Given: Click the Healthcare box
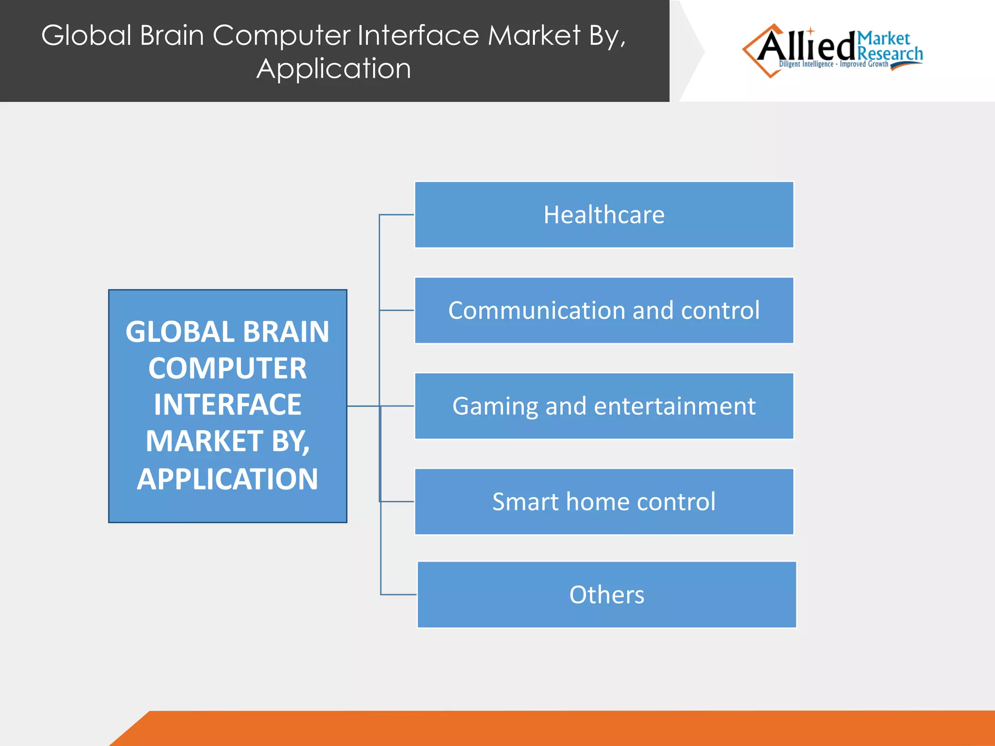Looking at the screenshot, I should tap(604, 215).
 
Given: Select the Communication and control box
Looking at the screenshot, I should tap(604, 310).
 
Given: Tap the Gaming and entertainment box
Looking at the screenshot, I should tap(604, 406).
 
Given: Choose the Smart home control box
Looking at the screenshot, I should tap(604, 502).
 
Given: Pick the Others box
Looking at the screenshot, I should tap(607, 595).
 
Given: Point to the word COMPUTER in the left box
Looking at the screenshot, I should tap(227, 369).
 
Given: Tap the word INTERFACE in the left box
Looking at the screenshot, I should tap(227, 405).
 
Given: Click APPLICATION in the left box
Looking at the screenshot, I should tap(227, 479).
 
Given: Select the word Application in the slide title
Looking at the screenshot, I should tap(334, 68).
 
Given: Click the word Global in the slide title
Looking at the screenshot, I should tap(86, 35).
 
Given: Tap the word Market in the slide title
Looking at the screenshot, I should tap(534, 35).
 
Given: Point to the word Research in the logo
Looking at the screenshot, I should tap(890, 53).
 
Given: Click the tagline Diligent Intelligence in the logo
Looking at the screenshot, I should tap(806, 64).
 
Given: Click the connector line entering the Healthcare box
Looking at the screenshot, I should tap(396, 215).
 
